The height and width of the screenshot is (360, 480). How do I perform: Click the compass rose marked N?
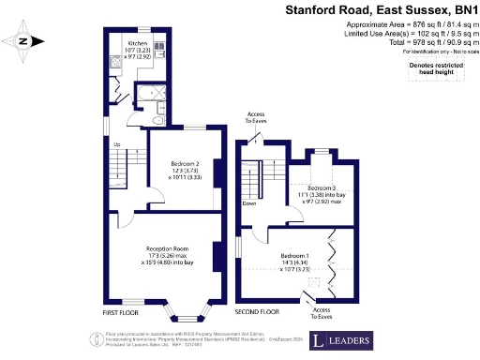pyautogui.click(x=26, y=40)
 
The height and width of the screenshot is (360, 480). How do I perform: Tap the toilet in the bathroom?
pyautogui.click(x=158, y=118)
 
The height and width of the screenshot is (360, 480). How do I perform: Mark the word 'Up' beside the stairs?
pyautogui.click(x=117, y=145)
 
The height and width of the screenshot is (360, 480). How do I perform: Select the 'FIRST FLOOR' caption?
pyautogui.click(x=123, y=311)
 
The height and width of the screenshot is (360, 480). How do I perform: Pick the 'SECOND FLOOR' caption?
pyautogui.click(x=256, y=311)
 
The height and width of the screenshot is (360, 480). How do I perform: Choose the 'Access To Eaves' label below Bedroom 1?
pyautogui.click(x=322, y=312)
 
